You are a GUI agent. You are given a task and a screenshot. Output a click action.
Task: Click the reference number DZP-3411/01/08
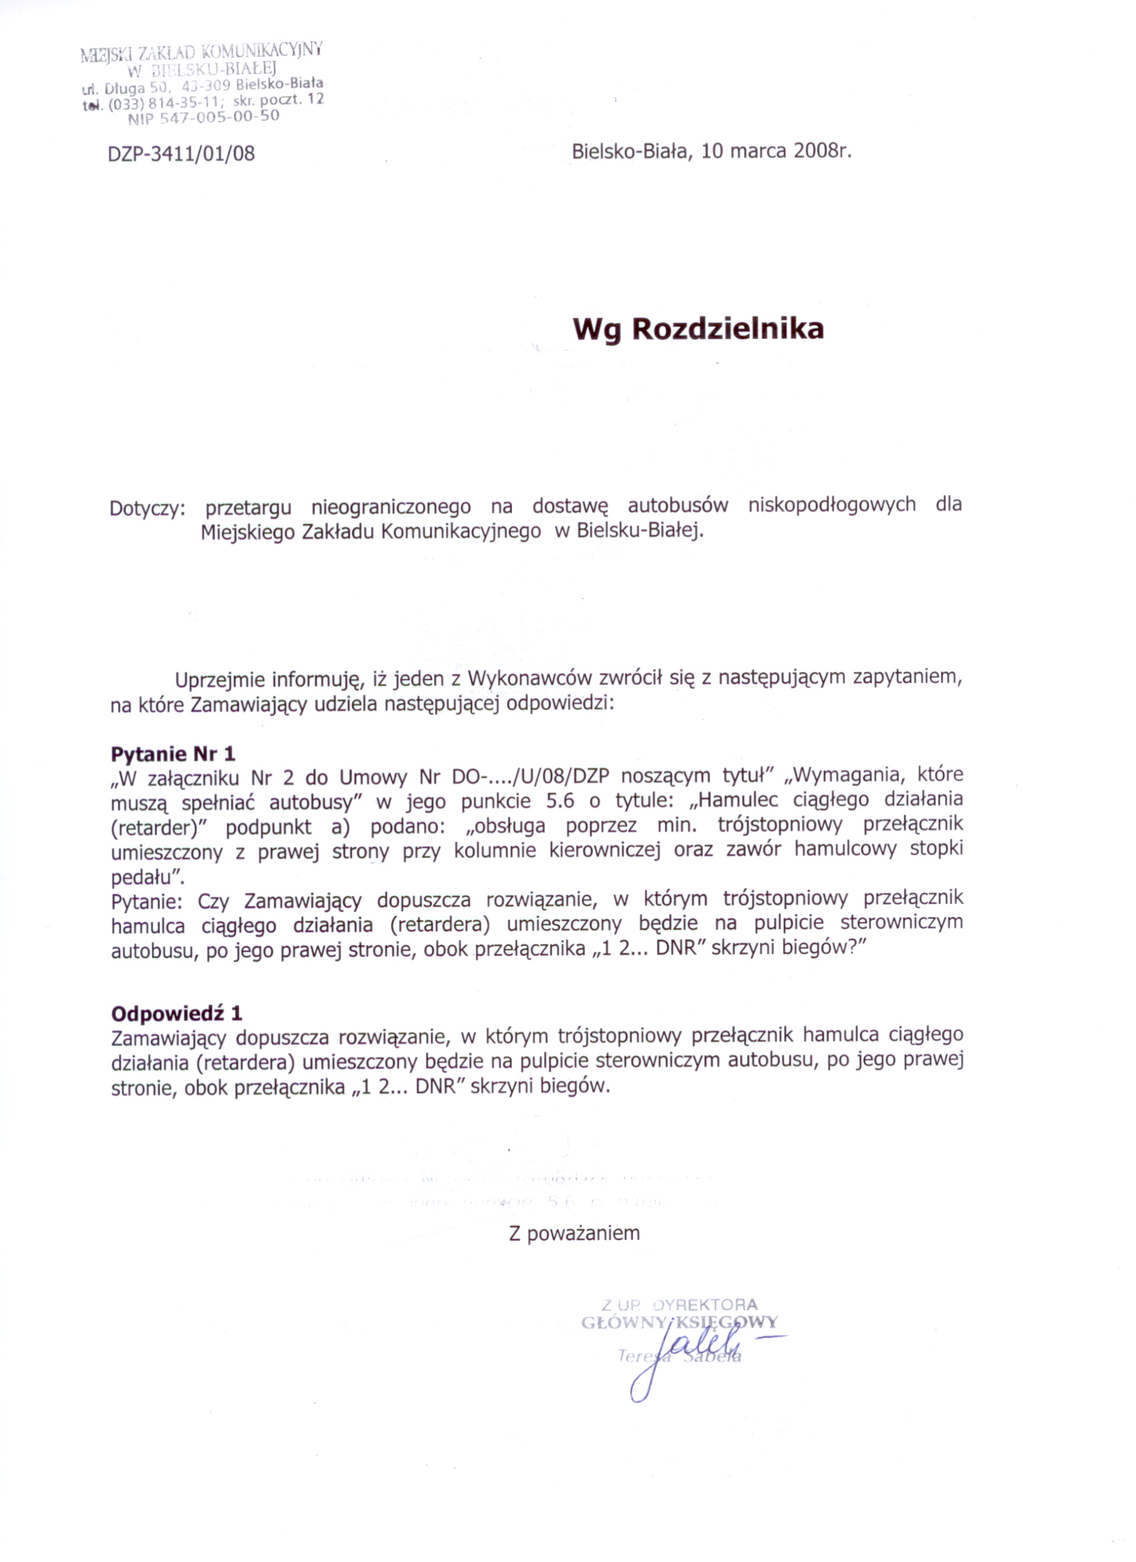click(181, 153)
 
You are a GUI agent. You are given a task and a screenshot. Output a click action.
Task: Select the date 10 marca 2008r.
click(776, 151)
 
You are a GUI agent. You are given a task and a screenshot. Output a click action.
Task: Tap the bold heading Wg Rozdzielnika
click(698, 329)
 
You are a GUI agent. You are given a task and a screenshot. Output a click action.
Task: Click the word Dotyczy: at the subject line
click(148, 508)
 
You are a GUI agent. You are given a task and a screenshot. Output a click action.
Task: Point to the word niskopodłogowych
click(831, 505)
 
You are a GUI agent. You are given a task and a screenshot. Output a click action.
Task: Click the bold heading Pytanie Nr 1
click(173, 754)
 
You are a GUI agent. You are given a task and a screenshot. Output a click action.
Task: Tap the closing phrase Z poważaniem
click(575, 1233)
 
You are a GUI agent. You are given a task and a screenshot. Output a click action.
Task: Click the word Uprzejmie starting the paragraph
click(220, 679)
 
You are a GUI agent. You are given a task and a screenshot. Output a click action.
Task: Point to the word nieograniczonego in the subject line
click(391, 508)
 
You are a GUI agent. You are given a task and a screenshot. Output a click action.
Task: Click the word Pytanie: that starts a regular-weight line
click(147, 901)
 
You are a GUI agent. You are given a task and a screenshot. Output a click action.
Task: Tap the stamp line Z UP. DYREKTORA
click(679, 1304)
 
